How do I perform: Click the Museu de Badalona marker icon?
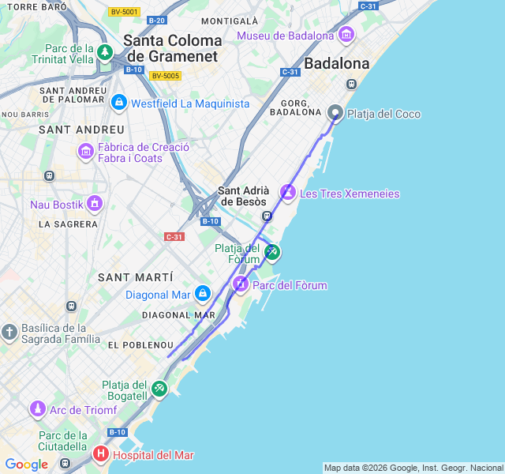346,36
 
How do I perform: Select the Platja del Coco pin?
335,113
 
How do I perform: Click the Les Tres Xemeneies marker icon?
288,192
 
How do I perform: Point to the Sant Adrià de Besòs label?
244,195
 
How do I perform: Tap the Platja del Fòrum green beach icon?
271,252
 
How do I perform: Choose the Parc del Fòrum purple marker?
241,283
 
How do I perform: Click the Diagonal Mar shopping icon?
203,294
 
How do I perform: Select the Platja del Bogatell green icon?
159,388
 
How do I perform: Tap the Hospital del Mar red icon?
101,453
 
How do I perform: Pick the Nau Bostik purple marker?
95,204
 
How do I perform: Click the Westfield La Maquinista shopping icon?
119,103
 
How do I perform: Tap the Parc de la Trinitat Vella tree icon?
105,52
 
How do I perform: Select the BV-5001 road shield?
125,12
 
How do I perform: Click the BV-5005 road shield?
166,76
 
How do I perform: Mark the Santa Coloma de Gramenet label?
173,47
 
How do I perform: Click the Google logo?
26,465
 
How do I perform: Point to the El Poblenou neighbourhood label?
140,345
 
